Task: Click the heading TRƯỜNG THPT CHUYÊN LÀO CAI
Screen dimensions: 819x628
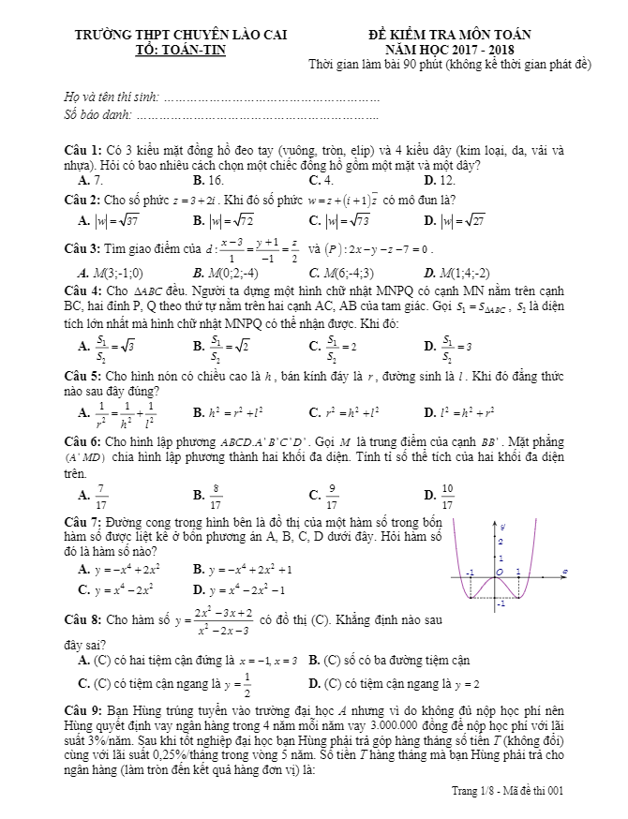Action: coord(181,37)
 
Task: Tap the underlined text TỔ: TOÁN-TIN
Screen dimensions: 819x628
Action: coord(181,51)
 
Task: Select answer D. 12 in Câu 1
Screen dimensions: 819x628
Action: coord(439,179)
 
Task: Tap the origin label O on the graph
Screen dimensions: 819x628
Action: coord(500,571)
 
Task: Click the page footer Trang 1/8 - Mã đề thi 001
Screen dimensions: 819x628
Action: coord(507,793)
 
